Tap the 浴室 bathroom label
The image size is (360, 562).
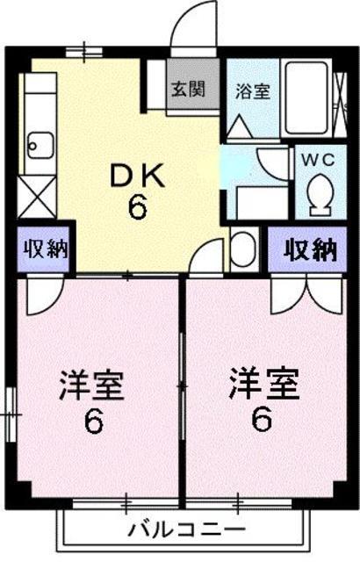click(x=252, y=90)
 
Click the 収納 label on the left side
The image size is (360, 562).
click(x=39, y=249)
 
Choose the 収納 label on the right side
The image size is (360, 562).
click(x=310, y=249)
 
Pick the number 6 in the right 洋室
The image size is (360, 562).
click(x=262, y=421)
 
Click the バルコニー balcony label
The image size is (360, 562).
click(x=185, y=530)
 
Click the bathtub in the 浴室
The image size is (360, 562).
click(x=306, y=98)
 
